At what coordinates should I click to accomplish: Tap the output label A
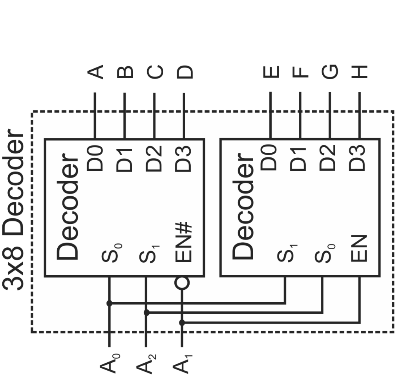[95, 72]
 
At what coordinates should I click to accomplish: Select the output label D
[184, 72]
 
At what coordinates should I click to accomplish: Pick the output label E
[270, 72]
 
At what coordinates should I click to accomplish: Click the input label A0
[109, 362]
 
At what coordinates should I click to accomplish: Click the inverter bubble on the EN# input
[182, 283]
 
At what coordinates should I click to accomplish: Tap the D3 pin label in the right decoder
[358, 159]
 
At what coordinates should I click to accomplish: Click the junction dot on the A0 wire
[109, 303]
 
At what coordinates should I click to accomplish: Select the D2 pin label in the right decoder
[329, 159]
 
